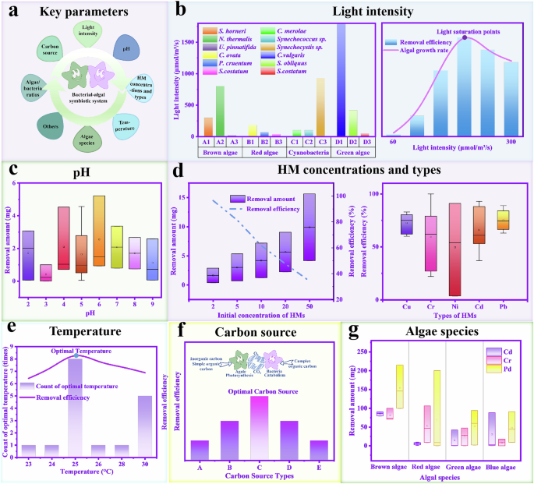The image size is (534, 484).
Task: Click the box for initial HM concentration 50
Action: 309,227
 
